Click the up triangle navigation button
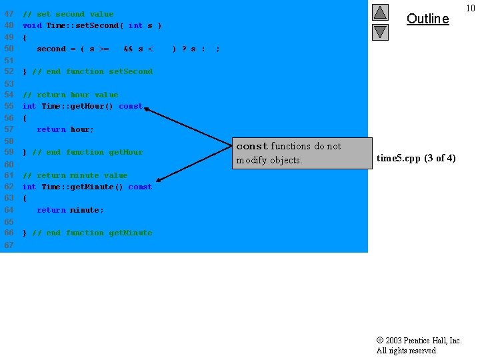tap(380, 12)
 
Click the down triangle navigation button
tap(380, 31)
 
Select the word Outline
tap(427, 19)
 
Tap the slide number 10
tap(471, 8)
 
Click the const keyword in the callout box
tap(252, 146)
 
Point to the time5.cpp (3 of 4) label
tap(416, 158)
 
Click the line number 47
tap(9, 14)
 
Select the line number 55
tap(9, 106)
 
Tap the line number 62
tap(9, 187)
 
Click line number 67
tap(9, 245)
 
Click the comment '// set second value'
tap(68, 14)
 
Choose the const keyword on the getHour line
tap(131, 106)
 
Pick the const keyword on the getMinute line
tap(140, 187)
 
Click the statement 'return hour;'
tap(65, 129)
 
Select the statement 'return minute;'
tap(70, 210)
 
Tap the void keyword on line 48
tap(32, 25)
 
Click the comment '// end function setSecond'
tap(92, 71)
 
